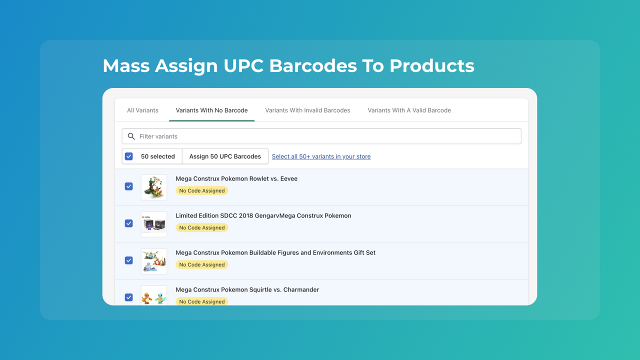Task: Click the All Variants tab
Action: [x=142, y=110]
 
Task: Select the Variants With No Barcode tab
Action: [x=211, y=110]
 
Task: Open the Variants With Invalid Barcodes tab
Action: [x=307, y=110]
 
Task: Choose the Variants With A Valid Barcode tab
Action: [x=409, y=110]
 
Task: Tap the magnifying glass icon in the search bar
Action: [x=131, y=136]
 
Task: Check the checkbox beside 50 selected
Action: [x=129, y=156]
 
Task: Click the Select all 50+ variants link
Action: [x=321, y=156]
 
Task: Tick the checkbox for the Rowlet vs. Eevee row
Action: [x=129, y=186]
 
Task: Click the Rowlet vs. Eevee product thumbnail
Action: [x=154, y=187]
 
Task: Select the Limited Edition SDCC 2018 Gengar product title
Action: [x=263, y=216]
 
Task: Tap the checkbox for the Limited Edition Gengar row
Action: [x=129, y=223]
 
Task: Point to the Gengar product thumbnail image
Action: [x=154, y=224]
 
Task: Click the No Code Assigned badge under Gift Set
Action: [x=202, y=264]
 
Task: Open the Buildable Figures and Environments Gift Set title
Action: [x=275, y=253]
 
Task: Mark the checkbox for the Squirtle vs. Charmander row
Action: [x=129, y=297]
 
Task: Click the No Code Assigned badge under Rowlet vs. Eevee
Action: [x=202, y=190]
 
